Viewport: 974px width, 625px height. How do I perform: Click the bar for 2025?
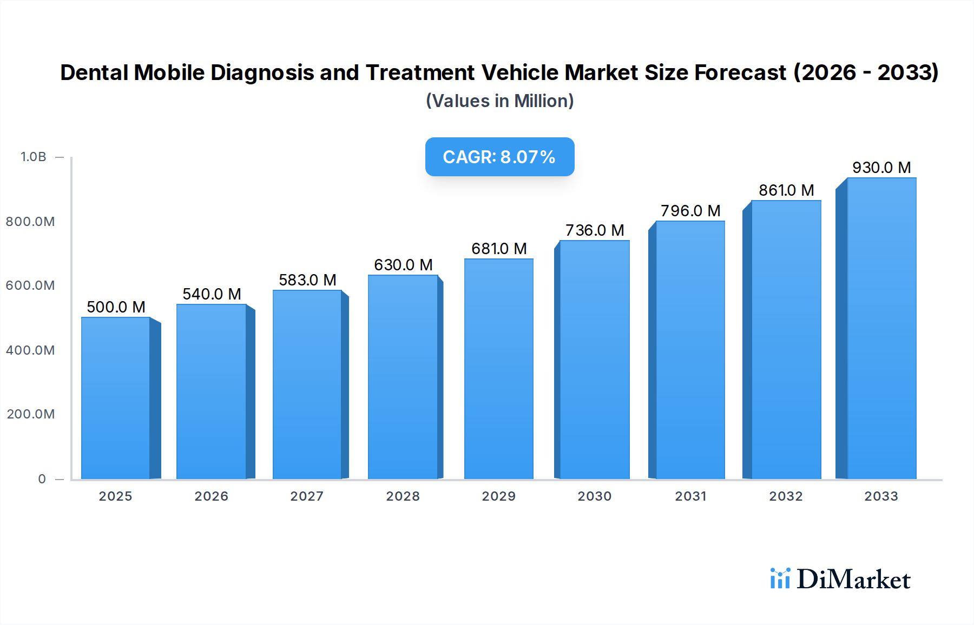116,398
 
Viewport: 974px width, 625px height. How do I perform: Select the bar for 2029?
498,369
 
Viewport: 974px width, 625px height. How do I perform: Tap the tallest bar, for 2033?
881,328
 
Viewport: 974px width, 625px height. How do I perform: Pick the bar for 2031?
690,350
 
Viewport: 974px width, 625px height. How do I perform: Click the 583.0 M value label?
307,280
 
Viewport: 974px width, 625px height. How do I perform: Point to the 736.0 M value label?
595,230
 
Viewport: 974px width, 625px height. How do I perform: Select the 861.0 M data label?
786,190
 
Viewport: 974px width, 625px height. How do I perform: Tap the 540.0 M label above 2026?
212,294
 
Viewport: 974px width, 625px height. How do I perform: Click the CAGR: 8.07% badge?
499,157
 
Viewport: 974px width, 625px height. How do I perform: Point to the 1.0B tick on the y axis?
34,157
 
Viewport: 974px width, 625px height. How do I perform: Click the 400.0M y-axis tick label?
30,350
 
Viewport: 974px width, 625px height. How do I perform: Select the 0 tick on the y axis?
42,479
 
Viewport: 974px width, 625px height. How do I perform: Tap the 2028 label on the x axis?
403,496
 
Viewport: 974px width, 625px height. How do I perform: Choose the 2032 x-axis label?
786,496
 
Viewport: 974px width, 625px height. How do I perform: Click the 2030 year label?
594,496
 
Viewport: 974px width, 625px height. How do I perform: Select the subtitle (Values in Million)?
499,101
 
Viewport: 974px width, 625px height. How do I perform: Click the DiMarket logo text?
853,580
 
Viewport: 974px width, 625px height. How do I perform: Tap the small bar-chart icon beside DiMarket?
780,579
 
